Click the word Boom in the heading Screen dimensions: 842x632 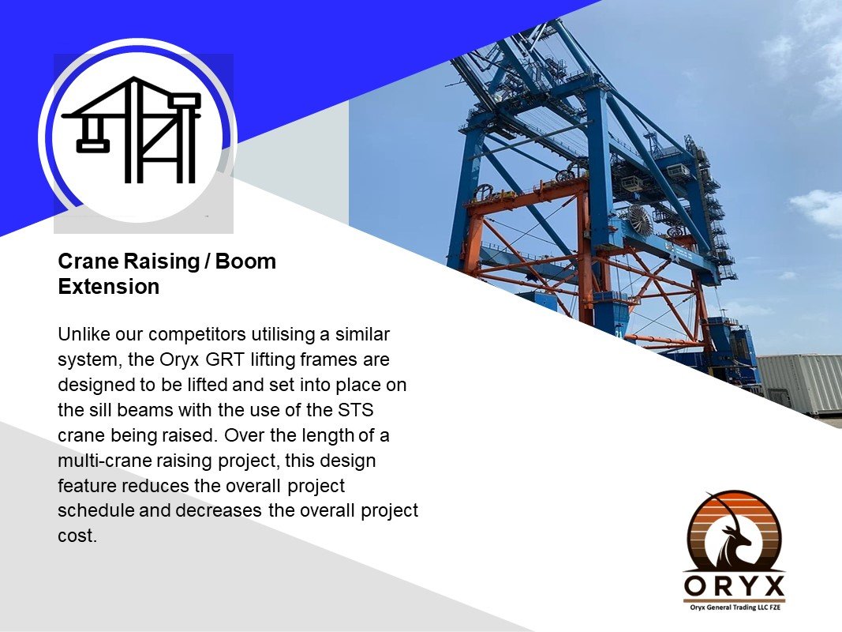(x=245, y=261)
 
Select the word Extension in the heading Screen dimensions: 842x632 (x=108, y=287)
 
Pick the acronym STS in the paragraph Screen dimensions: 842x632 (x=355, y=410)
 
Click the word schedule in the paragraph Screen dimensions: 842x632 (x=95, y=510)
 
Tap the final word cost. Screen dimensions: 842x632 (x=77, y=536)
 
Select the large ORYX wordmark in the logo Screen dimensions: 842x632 (x=735, y=585)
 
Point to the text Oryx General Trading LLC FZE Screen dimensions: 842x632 (x=735, y=608)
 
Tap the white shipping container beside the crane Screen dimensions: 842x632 (x=799, y=384)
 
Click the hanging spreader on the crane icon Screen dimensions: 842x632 (x=93, y=145)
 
